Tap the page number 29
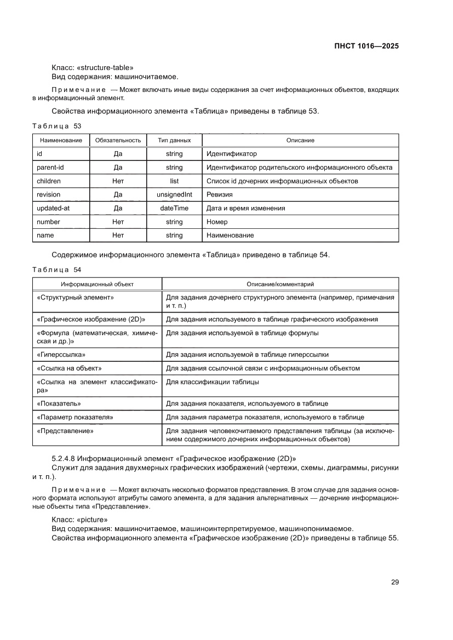(394, 582)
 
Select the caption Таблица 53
(56, 126)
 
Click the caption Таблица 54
(56, 270)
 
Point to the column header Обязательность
(118, 141)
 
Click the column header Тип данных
(174, 141)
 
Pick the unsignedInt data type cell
(174, 194)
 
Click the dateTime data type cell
(174, 208)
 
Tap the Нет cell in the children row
(118, 181)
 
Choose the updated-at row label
(52, 208)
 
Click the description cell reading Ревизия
(219, 194)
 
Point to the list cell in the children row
(174, 181)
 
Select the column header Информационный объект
(97, 284)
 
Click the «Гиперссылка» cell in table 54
(61, 355)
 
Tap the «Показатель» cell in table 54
(59, 403)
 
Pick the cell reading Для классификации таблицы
(213, 382)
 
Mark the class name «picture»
(91, 519)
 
